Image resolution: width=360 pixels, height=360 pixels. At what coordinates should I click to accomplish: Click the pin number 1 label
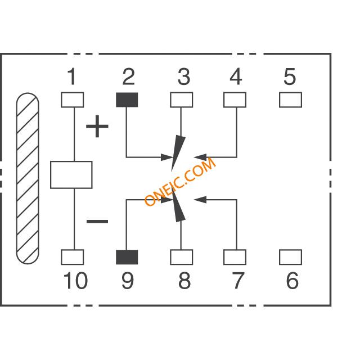click(x=72, y=76)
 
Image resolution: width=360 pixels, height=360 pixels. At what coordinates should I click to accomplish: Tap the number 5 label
click(x=290, y=76)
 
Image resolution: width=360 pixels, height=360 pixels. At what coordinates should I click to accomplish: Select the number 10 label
click(x=75, y=280)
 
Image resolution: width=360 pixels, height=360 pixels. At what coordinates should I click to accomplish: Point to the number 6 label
click(x=292, y=280)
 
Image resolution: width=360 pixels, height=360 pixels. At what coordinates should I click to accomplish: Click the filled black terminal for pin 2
click(x=127, y=100)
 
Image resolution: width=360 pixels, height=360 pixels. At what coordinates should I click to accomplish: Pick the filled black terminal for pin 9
click(x=127, y=257)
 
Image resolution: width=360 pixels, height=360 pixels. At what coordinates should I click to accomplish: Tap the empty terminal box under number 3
click(x=181, y=100)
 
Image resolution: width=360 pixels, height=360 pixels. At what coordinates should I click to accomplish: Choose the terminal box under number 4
click(x=235, y=100)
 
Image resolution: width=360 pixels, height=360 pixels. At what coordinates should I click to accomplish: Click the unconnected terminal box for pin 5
click(x=290, y=100)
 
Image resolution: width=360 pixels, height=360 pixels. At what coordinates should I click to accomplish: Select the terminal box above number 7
click(x=235, y=257)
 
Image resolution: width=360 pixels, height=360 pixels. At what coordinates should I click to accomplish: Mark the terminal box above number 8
click(x=181, y=257)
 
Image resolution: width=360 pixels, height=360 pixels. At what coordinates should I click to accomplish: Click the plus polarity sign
click(x=97, y=126)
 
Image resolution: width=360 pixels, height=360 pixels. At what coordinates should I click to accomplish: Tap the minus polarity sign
click(x=97, y=221)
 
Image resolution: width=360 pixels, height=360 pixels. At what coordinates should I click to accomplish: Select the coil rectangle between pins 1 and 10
click(x=71, y=175)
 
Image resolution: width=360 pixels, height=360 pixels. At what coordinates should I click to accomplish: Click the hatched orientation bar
click(x=28, y=178)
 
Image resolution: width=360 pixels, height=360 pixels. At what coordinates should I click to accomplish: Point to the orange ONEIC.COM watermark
click(x=180, y=182)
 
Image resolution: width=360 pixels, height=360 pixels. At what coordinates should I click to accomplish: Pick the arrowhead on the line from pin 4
click(x=200, y=157)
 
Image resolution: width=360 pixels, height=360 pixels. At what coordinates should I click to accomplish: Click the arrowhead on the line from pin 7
click(x=200, y=200)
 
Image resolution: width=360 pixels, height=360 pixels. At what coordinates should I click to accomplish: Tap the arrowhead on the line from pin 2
click(x=167, y=157)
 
